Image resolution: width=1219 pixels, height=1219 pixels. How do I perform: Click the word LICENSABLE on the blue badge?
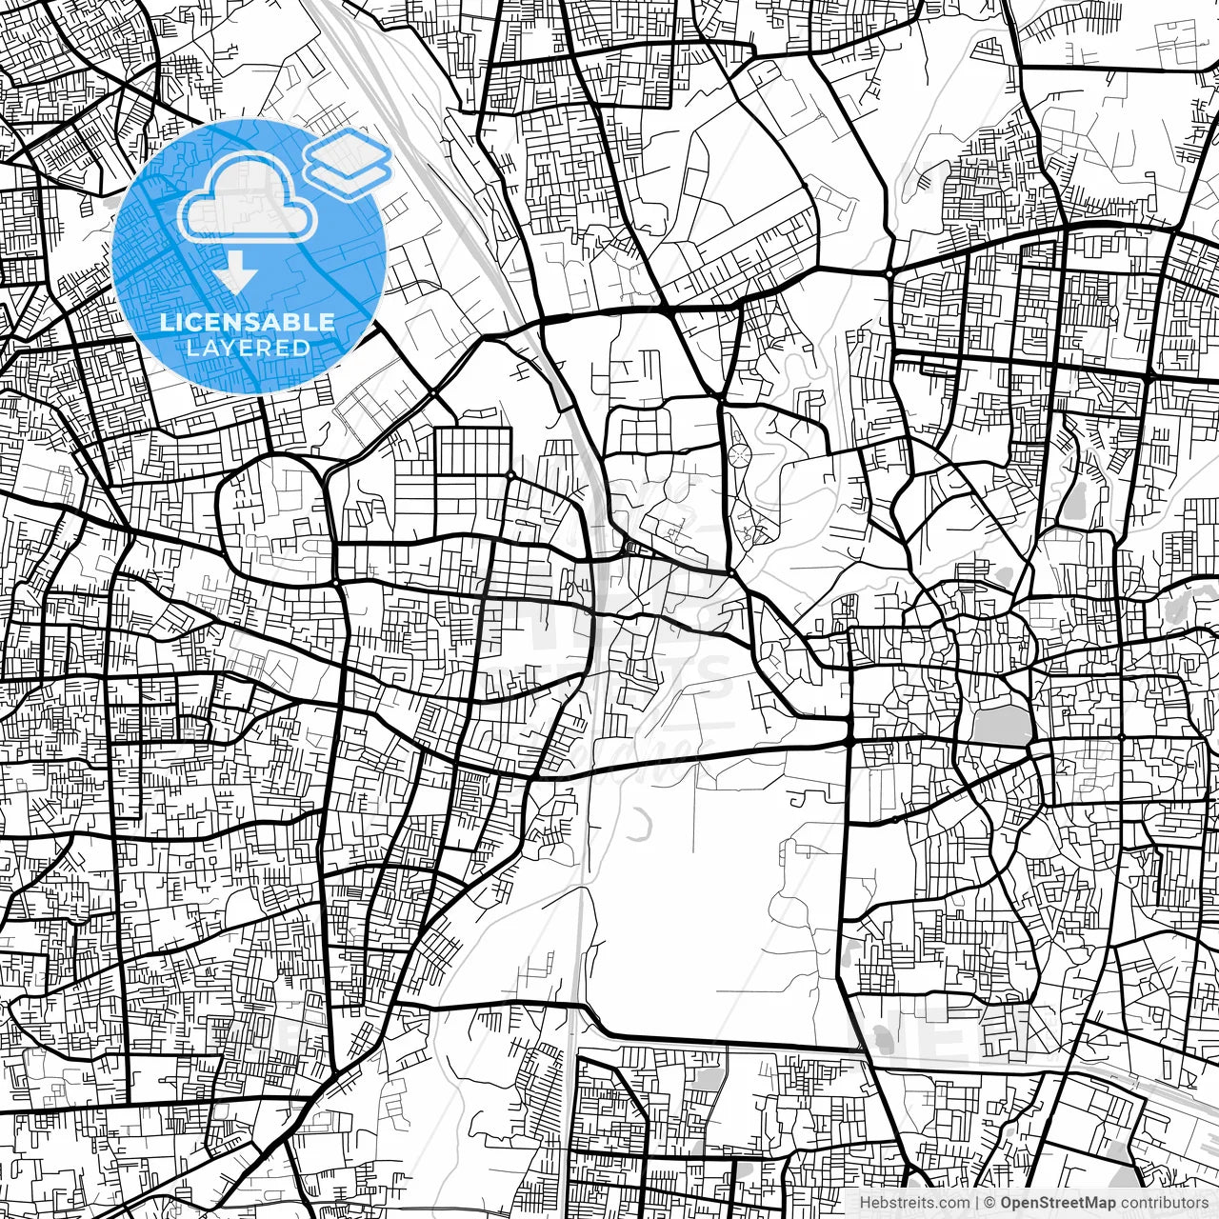[248, 322]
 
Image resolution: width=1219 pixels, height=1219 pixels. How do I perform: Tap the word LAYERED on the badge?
[248, 348]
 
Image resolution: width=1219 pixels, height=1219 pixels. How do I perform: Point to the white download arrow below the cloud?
[235, 274]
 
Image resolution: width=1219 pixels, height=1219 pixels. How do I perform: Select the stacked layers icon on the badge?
[348, 163]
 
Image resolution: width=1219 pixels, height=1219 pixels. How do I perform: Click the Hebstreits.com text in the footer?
[914, 1203]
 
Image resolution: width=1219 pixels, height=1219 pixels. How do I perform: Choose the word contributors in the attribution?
[1163, 1203]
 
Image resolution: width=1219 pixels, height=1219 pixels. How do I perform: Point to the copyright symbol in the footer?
[989, 1203]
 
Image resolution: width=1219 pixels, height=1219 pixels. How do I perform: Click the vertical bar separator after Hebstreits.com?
[977, 1203]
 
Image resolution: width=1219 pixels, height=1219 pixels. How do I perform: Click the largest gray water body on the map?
[1001, 727]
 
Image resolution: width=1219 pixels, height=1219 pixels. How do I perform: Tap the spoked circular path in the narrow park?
[739, 456]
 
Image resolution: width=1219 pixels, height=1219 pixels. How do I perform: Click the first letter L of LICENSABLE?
[166, 322]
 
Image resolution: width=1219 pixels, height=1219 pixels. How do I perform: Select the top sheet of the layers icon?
[348, 152]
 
